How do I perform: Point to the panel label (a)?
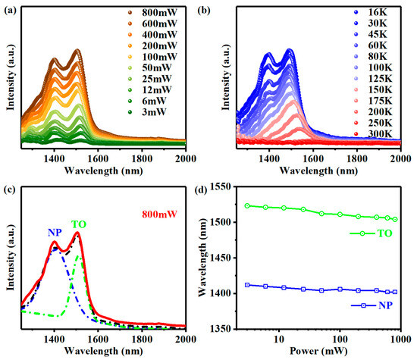point(9,10)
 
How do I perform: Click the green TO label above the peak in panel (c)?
point(79,225)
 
